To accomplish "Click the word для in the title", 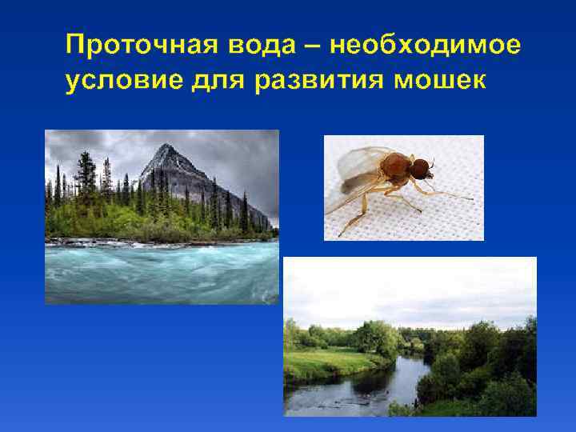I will (214, 82).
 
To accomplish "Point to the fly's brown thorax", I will (394, 166).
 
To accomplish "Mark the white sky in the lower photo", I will (408, 288).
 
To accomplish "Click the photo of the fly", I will (403, 187).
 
